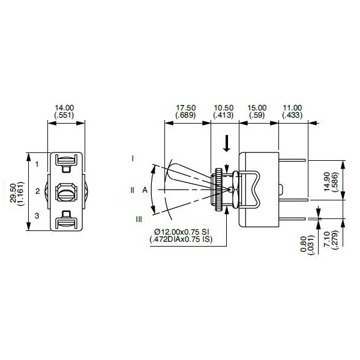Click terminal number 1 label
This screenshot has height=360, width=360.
point(37,163)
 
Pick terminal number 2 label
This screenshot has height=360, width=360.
point(37,191)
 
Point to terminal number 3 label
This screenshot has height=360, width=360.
point(37,215)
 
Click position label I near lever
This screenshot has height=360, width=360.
point(132,158)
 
